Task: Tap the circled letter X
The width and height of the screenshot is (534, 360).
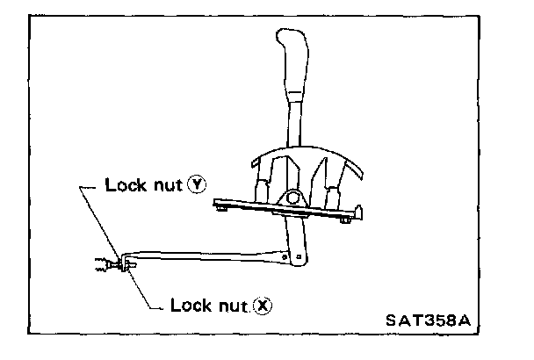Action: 261,305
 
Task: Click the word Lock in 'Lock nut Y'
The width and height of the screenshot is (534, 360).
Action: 123,185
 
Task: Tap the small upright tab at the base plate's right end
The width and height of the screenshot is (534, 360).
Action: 360,211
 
